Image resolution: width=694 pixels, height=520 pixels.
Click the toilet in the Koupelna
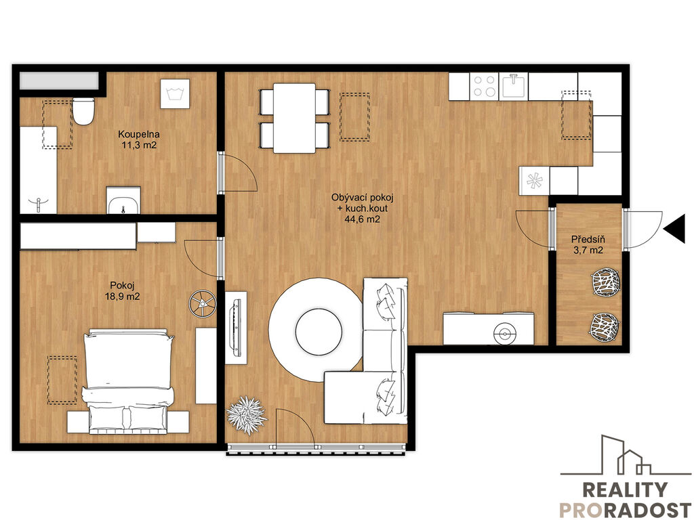coord(83,111)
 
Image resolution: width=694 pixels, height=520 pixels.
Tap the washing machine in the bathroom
coord(175,93)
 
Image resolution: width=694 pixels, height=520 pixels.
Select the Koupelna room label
coord(138,134)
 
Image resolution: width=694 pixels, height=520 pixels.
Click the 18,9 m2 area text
coord(122,297)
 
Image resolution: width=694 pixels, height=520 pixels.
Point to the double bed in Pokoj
coord(128,381)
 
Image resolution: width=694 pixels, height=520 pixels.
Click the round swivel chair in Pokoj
coord(202,303)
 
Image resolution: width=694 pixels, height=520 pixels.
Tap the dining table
coord(294,118)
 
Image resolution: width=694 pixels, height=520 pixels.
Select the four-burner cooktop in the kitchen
coord(484,86)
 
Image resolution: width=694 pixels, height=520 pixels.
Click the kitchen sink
coord(514,86)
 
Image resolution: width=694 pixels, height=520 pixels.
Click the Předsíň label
coord(588,240)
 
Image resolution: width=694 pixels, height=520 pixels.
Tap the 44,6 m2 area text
coord(362,219)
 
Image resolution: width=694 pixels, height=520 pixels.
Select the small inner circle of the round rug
coord(319,330)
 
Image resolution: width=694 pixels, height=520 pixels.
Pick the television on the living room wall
coord(235,327)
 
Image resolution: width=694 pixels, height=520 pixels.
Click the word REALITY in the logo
coord(624,490)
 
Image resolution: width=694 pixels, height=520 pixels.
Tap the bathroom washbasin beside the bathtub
coord(123,200)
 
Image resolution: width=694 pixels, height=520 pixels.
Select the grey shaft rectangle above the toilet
coord(59,81)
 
